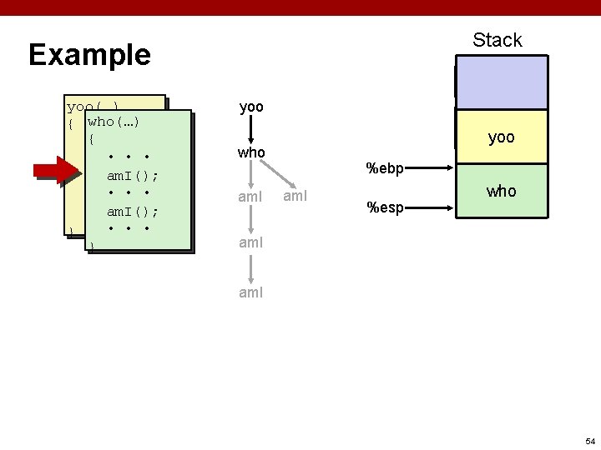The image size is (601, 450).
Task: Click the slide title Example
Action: click(89, 55)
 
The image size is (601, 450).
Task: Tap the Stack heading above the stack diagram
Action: click(497, 40)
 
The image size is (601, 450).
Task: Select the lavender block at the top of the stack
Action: click(501, 82)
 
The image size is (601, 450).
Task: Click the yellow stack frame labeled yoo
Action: click(501, 137)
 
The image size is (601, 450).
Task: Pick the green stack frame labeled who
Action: click(501, 191)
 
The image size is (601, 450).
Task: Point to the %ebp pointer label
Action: click(386, 169)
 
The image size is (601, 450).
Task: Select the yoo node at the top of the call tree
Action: click(251, 107)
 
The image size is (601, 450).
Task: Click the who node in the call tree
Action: click(251, 153)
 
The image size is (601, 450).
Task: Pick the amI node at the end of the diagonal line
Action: click(295, 197)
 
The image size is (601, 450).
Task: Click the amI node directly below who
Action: click(250, 197)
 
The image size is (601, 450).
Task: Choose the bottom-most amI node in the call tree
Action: click(250, 292)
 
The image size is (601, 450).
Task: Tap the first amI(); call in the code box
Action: click(133, 176)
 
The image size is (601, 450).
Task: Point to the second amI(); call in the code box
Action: click(133, 212)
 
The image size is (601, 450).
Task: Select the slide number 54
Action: click(589, 441)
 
